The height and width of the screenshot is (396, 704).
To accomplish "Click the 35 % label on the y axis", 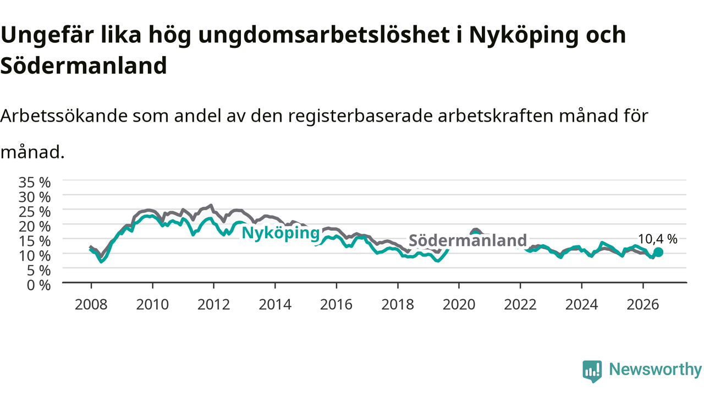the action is coord(35,183).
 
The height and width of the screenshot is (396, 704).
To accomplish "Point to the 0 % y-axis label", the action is coord(38,285).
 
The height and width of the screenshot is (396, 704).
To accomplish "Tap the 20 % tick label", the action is coord(35,227).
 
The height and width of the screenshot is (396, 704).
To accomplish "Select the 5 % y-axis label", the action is coord(38,271).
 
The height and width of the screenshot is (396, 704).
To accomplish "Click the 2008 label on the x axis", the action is coord(91,305).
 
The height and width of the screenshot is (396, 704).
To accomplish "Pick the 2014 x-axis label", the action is coord(275,305).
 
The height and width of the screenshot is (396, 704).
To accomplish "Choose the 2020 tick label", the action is coord(459,305).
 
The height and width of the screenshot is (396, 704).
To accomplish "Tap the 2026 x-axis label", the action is coord(643,305).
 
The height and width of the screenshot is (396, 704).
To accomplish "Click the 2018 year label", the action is coord(398,305).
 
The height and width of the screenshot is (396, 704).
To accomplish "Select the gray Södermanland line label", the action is coord(468,240).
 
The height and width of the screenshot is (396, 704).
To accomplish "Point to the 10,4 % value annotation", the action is coord(657,239).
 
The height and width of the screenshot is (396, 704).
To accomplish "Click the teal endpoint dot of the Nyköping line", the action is coord(658,252).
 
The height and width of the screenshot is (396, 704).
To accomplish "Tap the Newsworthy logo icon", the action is coord(592,371).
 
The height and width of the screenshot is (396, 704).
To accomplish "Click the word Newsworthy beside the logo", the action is coord(656,369).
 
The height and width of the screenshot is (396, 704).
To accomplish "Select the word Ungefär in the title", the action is coord(47,35).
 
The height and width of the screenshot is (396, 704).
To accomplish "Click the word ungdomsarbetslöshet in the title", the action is coord(324,35).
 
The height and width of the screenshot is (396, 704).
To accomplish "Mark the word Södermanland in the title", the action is coord(84,65).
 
